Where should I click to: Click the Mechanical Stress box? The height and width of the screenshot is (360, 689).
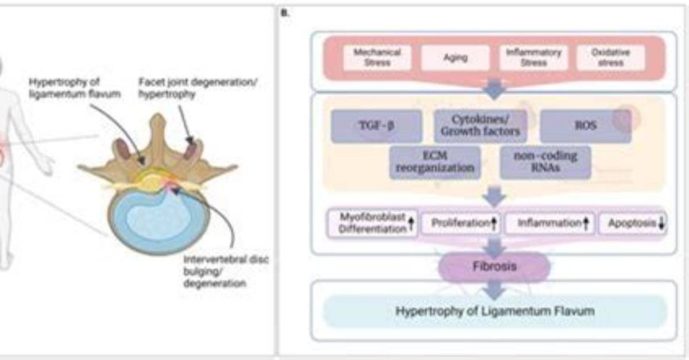coord(377,57)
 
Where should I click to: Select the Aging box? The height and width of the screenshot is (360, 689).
coord(455,57)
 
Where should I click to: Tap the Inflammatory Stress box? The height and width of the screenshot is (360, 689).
coord(533,57)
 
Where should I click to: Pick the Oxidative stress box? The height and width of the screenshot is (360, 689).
coord(610,57)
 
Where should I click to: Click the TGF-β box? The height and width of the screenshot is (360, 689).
coord(377,126)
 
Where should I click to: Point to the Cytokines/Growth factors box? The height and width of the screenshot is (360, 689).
coord(480,126)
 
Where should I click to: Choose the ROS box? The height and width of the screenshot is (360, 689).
coord(586,126)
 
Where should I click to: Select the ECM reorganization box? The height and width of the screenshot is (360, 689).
coord(435,162)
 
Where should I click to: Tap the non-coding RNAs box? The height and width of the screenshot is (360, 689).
coord(545,162)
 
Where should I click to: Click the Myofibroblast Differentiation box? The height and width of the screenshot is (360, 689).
coord(372,223)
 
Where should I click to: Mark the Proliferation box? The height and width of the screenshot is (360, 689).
coord(461,223)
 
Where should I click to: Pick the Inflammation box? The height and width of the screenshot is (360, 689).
coord(549,223)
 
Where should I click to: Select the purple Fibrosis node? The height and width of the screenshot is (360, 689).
coord(494,266)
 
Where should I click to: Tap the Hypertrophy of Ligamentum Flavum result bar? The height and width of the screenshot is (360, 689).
coord(495,311)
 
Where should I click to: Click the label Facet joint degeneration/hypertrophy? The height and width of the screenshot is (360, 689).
coord(198,88)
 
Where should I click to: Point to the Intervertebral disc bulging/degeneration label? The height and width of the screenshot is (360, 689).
coord(226,272)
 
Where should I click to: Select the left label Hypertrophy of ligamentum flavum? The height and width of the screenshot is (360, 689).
coord(75,88)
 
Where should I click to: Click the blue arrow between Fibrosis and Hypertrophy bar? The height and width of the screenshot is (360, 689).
coord(494,290)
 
